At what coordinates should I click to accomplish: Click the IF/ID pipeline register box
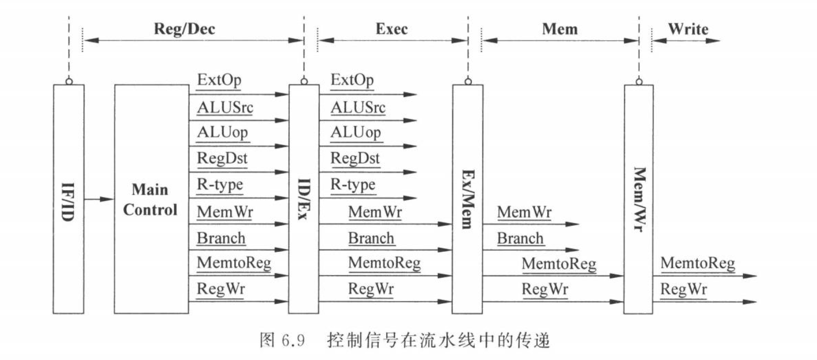(68, 199)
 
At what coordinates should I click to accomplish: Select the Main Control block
(152, 199)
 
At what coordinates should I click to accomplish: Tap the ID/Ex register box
(304, 199)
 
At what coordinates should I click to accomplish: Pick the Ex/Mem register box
(467, 199)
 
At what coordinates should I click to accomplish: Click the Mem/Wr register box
(639, 199)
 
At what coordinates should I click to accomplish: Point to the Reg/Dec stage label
(184, 29)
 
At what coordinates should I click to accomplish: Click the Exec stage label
(392, 29)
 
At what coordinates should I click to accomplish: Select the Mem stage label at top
(560, 29)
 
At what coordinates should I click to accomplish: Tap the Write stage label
(688, 29)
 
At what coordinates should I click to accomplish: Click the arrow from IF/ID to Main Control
(99, 199)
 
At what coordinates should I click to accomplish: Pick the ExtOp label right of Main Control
(219, 80)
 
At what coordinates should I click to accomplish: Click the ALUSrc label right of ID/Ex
(358, 107)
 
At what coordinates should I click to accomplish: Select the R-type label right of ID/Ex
(353, 185)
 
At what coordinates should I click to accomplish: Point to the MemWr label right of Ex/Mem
(524, 212)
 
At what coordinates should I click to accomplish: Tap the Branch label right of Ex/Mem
(520, 238)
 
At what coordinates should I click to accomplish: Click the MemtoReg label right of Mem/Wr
(698, 263)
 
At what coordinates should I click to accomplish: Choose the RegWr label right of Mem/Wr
(684, 289)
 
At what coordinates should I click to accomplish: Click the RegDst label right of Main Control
(222, 158)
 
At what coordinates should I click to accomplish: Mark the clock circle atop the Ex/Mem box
(468, 81)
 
